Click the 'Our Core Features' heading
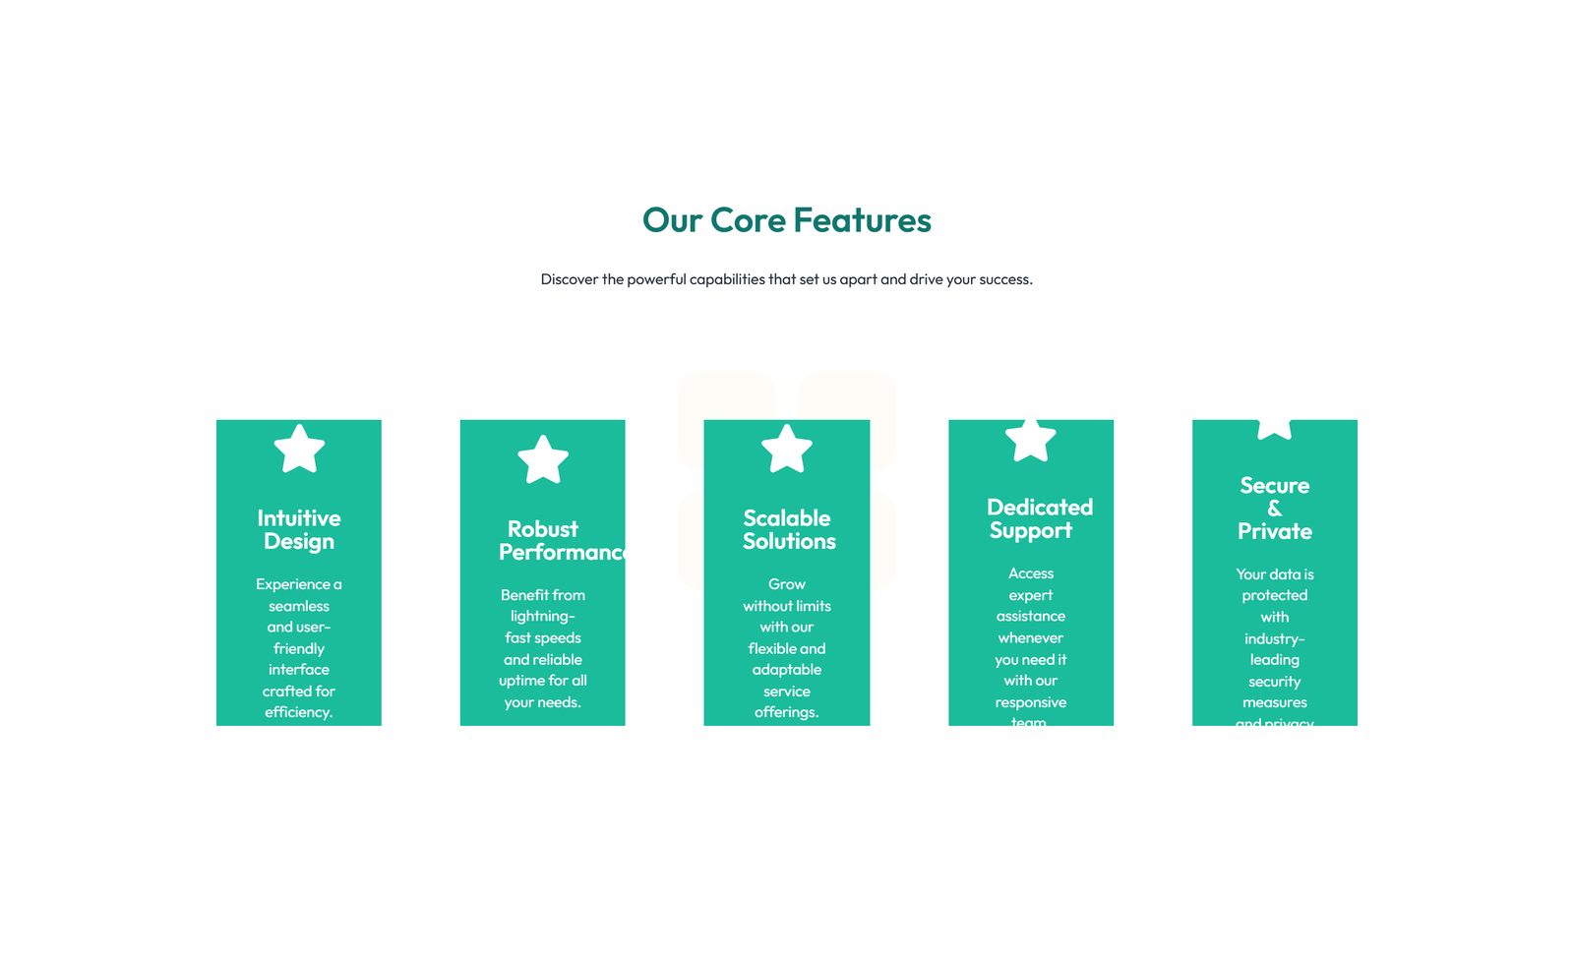(786, 220)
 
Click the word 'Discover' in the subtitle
(570, 279)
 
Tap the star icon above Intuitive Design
(299, 450)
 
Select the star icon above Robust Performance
(543, 460)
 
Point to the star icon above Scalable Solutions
(787, 450)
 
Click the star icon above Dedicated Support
(1030, 440)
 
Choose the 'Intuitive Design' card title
(299, 530)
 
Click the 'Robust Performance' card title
(561, 541)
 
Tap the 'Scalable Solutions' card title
(788, 530)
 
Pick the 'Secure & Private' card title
(1274, 509)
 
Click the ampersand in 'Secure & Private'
(1274, 509)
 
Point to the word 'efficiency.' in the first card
(298, 712)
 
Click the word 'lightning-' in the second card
(542, 617)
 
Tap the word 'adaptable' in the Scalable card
(786, 670)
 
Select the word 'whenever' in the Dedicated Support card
(1030, 638)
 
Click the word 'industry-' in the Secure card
(1274, 639)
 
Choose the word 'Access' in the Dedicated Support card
(1030, 573)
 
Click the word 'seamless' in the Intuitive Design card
(298, 606)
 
